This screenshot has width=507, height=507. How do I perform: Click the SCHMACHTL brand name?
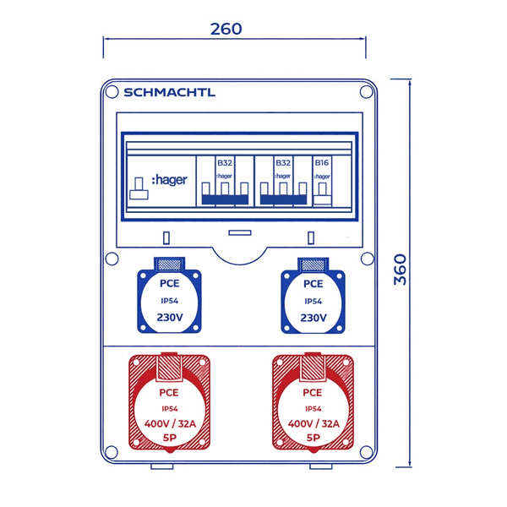coord(169,93)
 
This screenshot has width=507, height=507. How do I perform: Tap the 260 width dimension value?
coord(226,29)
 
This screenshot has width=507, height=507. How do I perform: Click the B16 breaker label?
coord(321,162)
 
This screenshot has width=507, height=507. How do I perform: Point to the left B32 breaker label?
coord(225,162)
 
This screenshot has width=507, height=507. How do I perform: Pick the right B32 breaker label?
coord(283,162)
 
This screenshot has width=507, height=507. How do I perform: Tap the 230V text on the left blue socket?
coord(169,319)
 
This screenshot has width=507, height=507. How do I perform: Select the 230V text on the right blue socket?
coord(313,319)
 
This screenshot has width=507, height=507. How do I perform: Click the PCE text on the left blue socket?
coord(169,285)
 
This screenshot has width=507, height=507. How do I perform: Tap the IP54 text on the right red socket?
coord(312,408)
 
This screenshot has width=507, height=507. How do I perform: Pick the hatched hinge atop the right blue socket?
coord(313,265)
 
